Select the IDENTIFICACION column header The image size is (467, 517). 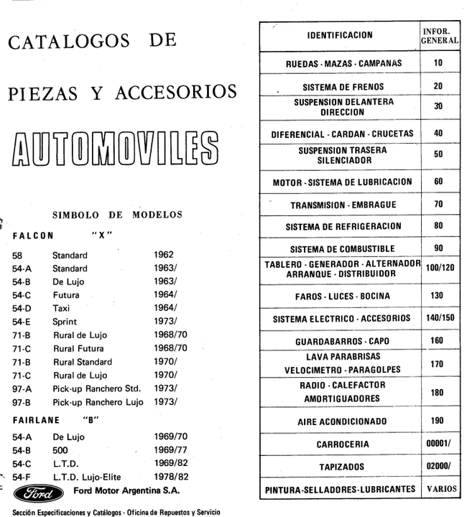pos(339,34)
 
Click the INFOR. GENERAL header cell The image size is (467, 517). pos(439,35)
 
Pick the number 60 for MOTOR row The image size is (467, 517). pos(438,182)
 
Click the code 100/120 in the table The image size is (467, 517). pos(438,270)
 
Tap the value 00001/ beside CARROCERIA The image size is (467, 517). pos(438,444)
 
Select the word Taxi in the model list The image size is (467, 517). pos(62,307)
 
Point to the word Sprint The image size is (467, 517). pos(65,321)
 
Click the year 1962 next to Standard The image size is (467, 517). pos(165,254)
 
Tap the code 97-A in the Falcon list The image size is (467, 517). pos(22,388)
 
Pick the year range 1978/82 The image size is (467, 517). pos(170,477)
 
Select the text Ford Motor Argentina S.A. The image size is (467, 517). pos(126,492)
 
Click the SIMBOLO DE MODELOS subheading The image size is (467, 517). pos(117,215)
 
